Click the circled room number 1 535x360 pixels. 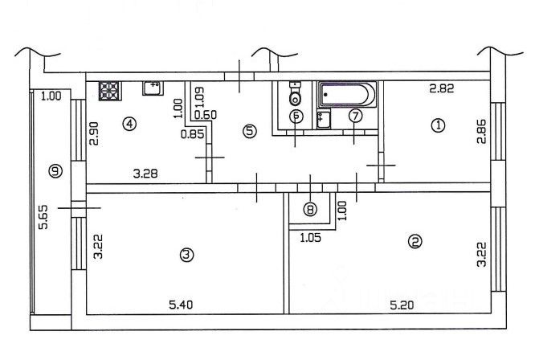pos(438,125)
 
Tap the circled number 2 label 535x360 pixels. pos(415,242)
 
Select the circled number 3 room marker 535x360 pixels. pos(186,255)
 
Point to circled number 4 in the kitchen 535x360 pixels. pos(129,124)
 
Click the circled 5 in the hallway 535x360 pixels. pos(250,131)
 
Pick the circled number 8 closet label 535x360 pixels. pos(310,209)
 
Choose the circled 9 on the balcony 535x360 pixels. pos(55,170)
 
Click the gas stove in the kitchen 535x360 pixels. pos(110,91)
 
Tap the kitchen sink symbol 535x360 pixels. pos(153,88)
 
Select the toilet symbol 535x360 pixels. pos(295,94)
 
